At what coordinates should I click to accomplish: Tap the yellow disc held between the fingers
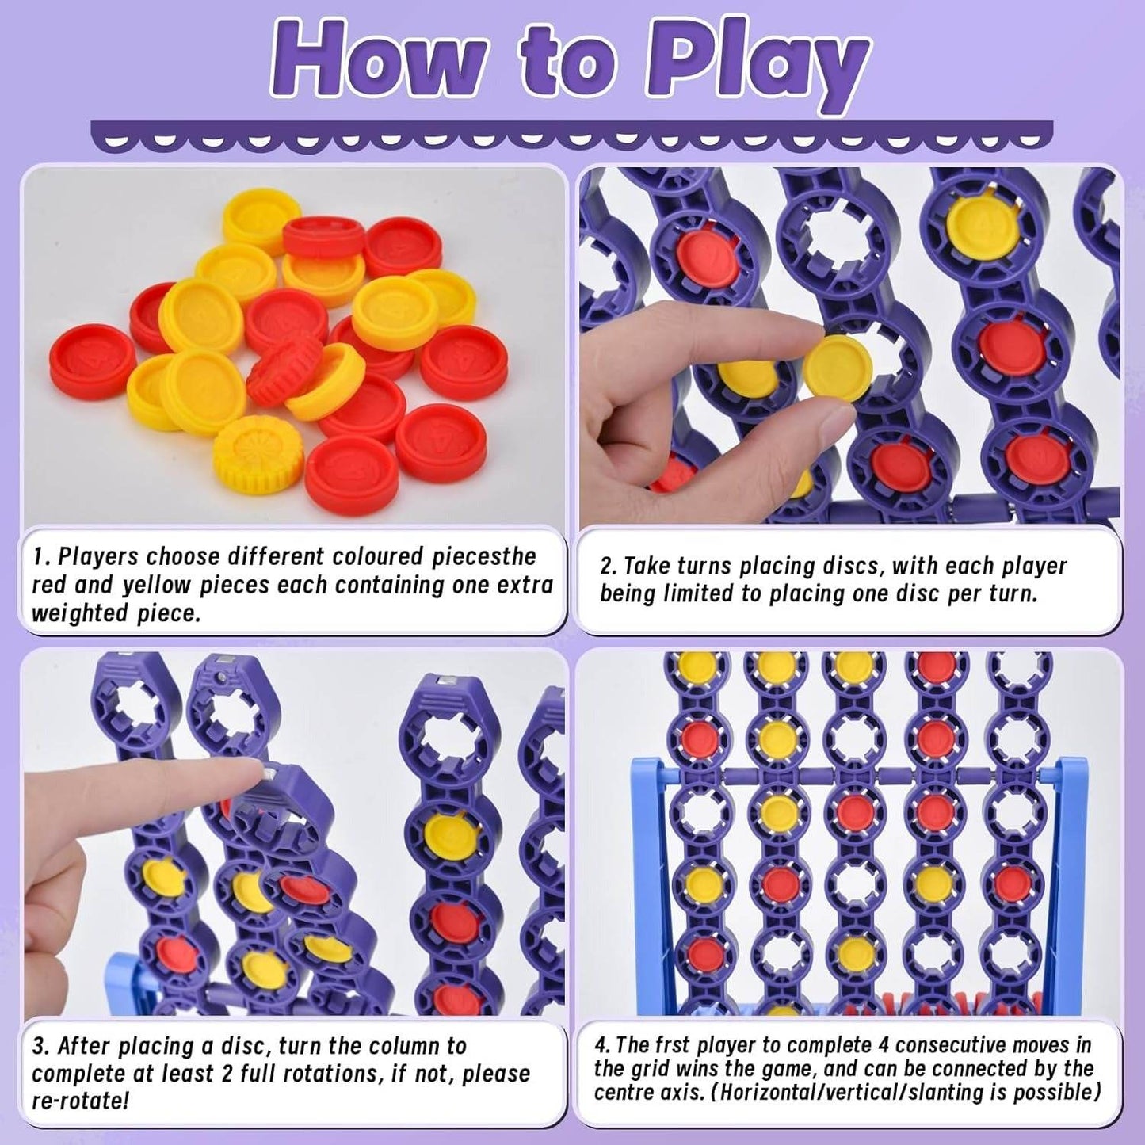click(x=838, y=369)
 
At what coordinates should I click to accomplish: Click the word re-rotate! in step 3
click(x=79, y=1101)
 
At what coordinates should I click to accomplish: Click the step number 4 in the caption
click(x=600, y=1044)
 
